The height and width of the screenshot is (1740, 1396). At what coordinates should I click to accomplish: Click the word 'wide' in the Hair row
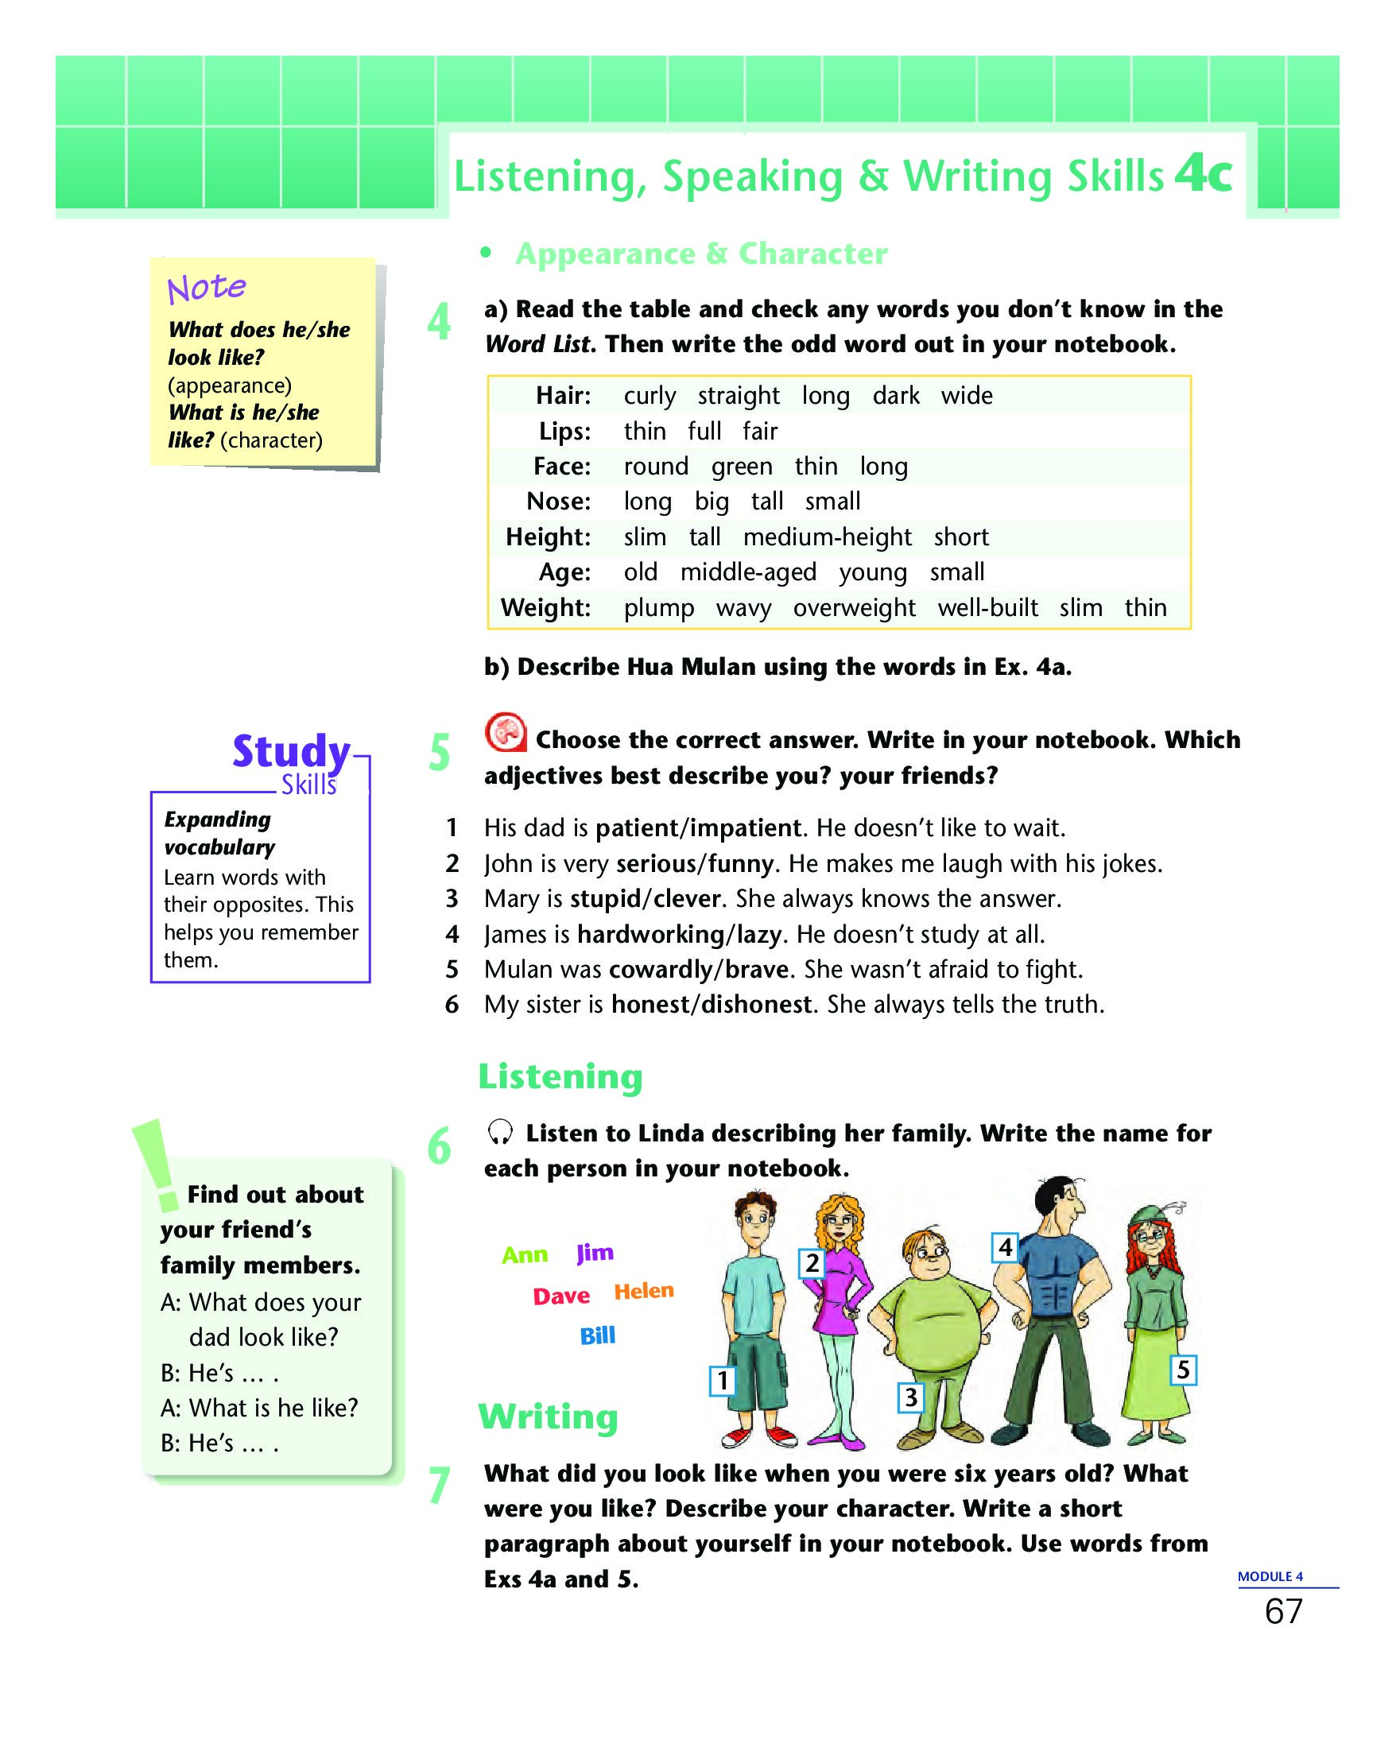[966, 396]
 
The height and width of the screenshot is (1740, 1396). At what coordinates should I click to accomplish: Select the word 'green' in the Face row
[741, 467]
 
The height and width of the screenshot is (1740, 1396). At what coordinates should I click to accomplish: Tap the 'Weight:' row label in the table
[545, 608]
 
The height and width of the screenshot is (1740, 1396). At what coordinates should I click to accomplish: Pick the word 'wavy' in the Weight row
[743, 608]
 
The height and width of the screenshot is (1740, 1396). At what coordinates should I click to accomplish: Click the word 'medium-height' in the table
[826, 537]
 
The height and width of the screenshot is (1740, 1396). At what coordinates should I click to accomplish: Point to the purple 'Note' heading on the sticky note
[206, 287]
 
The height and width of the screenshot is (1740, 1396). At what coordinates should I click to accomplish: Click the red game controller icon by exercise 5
[504, 733]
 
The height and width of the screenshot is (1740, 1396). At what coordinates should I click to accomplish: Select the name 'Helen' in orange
[643, 1290]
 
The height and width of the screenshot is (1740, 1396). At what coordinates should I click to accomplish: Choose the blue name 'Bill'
[597, 1335]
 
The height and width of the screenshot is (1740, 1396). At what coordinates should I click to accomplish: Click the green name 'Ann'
[525, 1254]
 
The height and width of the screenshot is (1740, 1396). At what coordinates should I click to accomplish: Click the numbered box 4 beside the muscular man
[1005, 1247]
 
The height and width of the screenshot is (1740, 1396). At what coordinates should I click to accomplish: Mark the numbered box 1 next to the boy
[722, 1381]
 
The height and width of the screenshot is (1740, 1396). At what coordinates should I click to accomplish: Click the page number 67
[1283, 1612]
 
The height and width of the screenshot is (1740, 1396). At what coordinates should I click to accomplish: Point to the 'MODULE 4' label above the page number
[1270, 1576]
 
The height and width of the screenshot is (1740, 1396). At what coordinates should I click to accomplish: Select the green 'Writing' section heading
[548, 1417]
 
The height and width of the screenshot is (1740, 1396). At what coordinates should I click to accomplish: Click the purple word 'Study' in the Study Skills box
[290, 750]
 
